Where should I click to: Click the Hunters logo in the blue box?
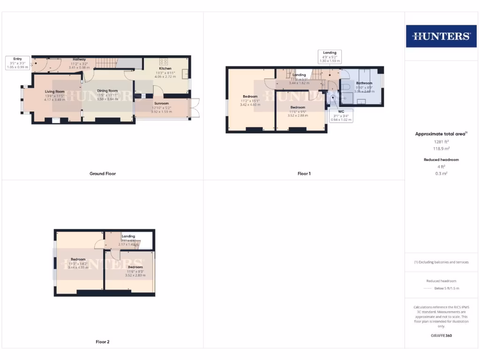pos(441,36)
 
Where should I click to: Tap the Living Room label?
pos(55,91)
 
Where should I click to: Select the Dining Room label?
pos(107,91)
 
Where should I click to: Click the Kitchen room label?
pos(165,68)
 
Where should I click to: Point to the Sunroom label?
pos(161,103)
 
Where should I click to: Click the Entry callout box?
pos(17,63)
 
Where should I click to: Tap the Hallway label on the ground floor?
pos(79,60)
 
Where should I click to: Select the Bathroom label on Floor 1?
pos(364,83)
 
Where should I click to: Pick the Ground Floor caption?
pos(103,173)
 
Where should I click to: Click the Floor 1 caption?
pos(304,173)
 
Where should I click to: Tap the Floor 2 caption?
pos(103,342)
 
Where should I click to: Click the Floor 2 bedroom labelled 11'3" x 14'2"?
pos(78,259)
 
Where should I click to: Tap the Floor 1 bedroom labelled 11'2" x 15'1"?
pos(250,97)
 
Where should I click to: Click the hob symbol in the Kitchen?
pos(164,61)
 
